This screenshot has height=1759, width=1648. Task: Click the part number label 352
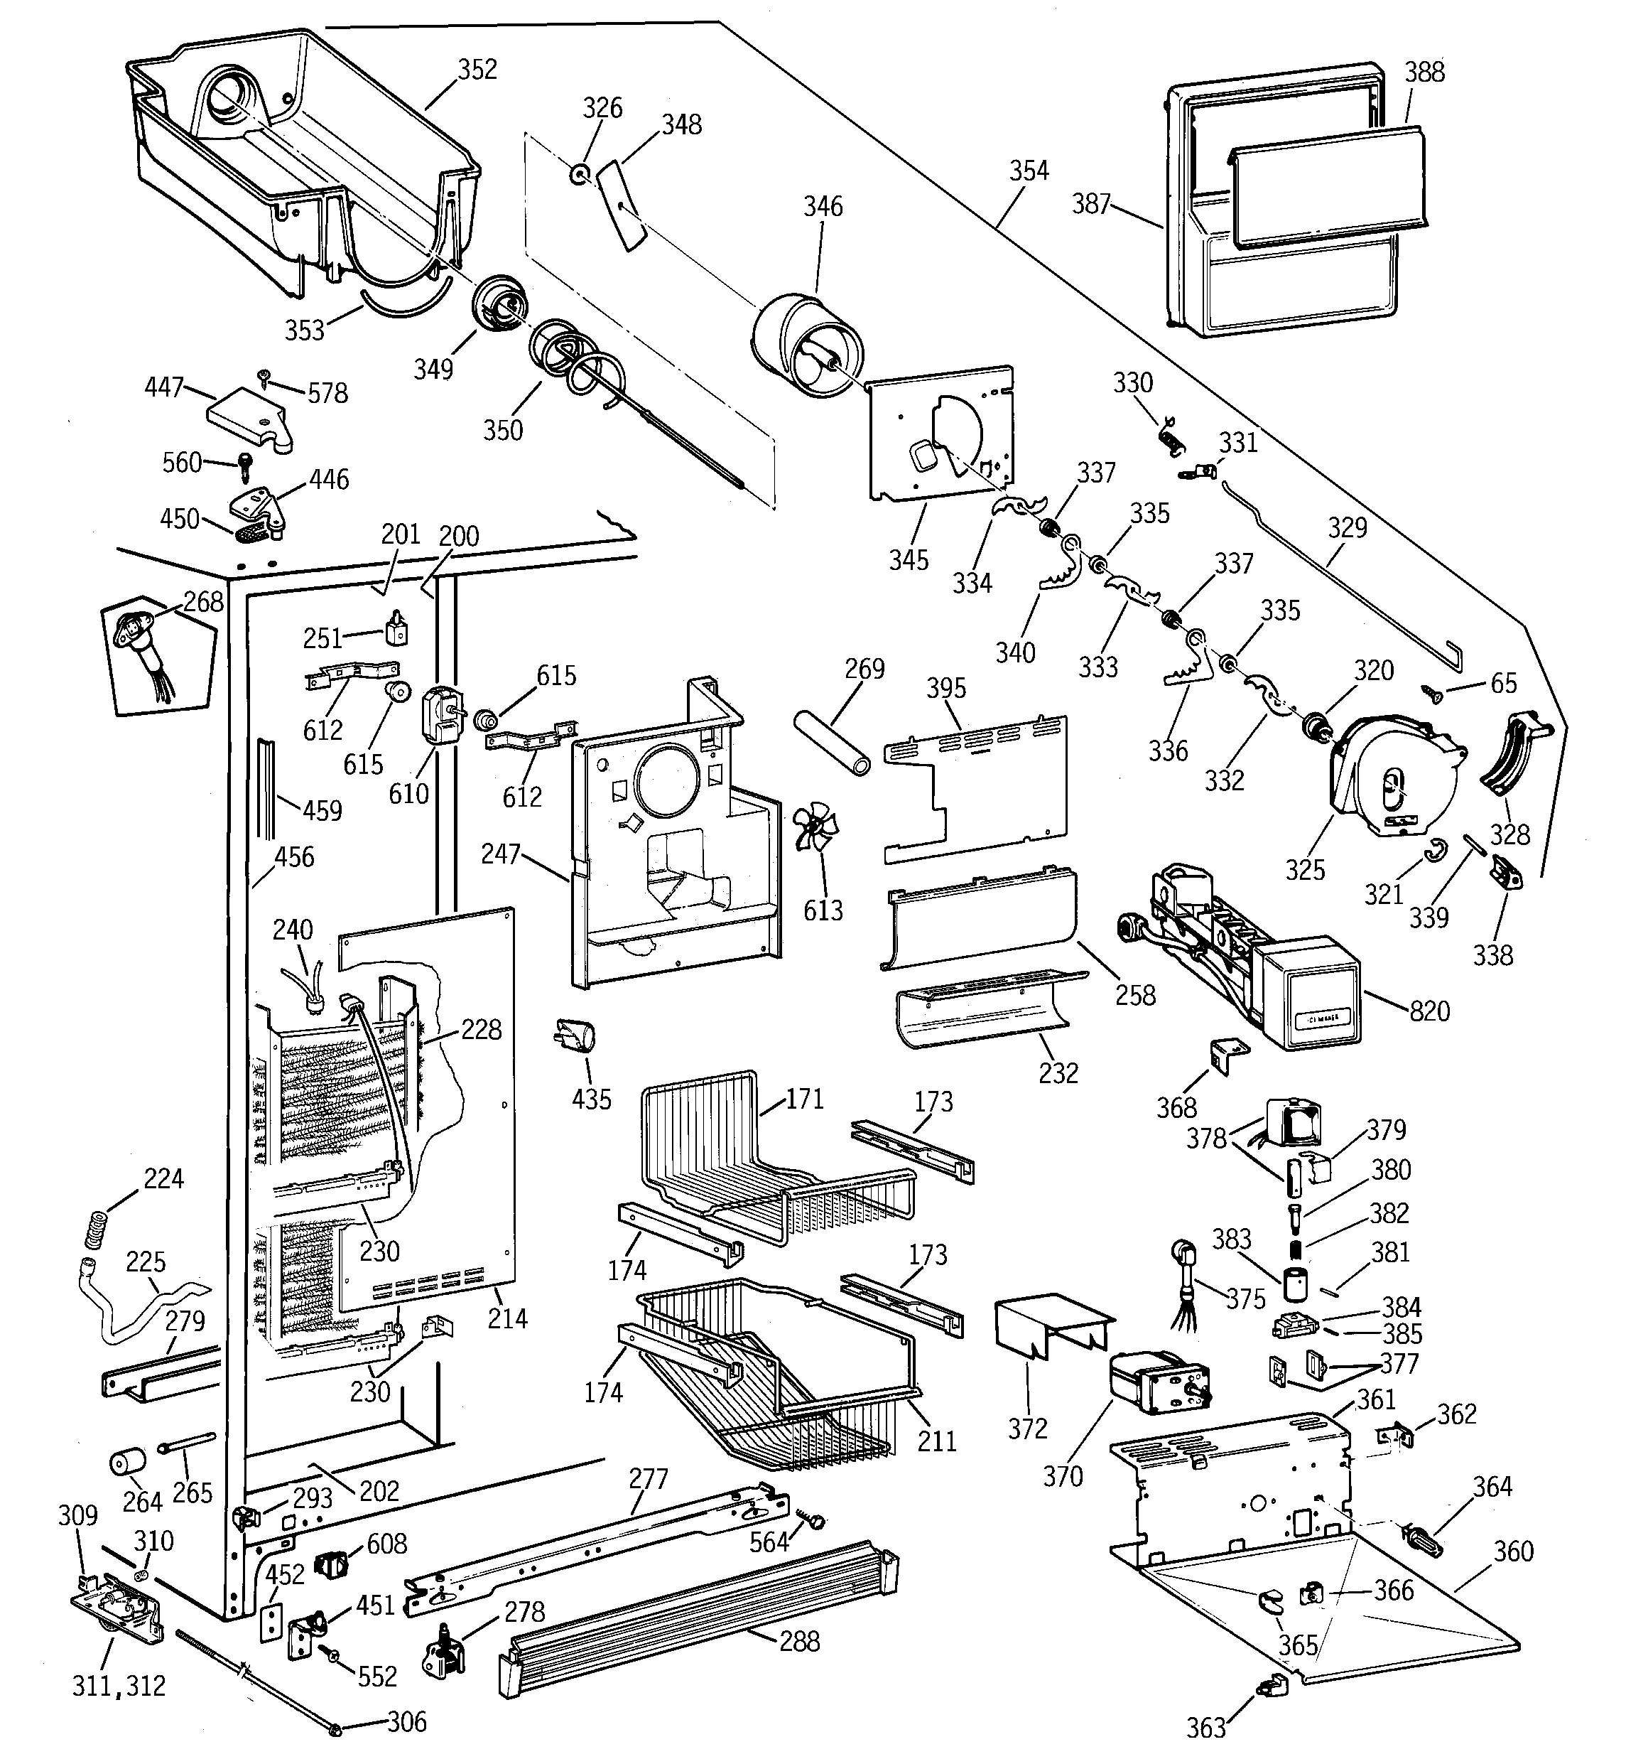click(477, 70)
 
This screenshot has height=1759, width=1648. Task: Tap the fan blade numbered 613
click(815, 827)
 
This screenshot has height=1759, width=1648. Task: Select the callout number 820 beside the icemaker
click(1429, 1011)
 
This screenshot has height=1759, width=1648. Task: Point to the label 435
click(591, 1099)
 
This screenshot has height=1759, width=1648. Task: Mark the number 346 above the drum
click(823, 207)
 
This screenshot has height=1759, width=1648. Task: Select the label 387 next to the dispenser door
click(1090, 205)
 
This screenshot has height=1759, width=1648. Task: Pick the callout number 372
click(1027, 1429)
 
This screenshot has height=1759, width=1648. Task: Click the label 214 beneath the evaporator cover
click(507, 1319)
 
